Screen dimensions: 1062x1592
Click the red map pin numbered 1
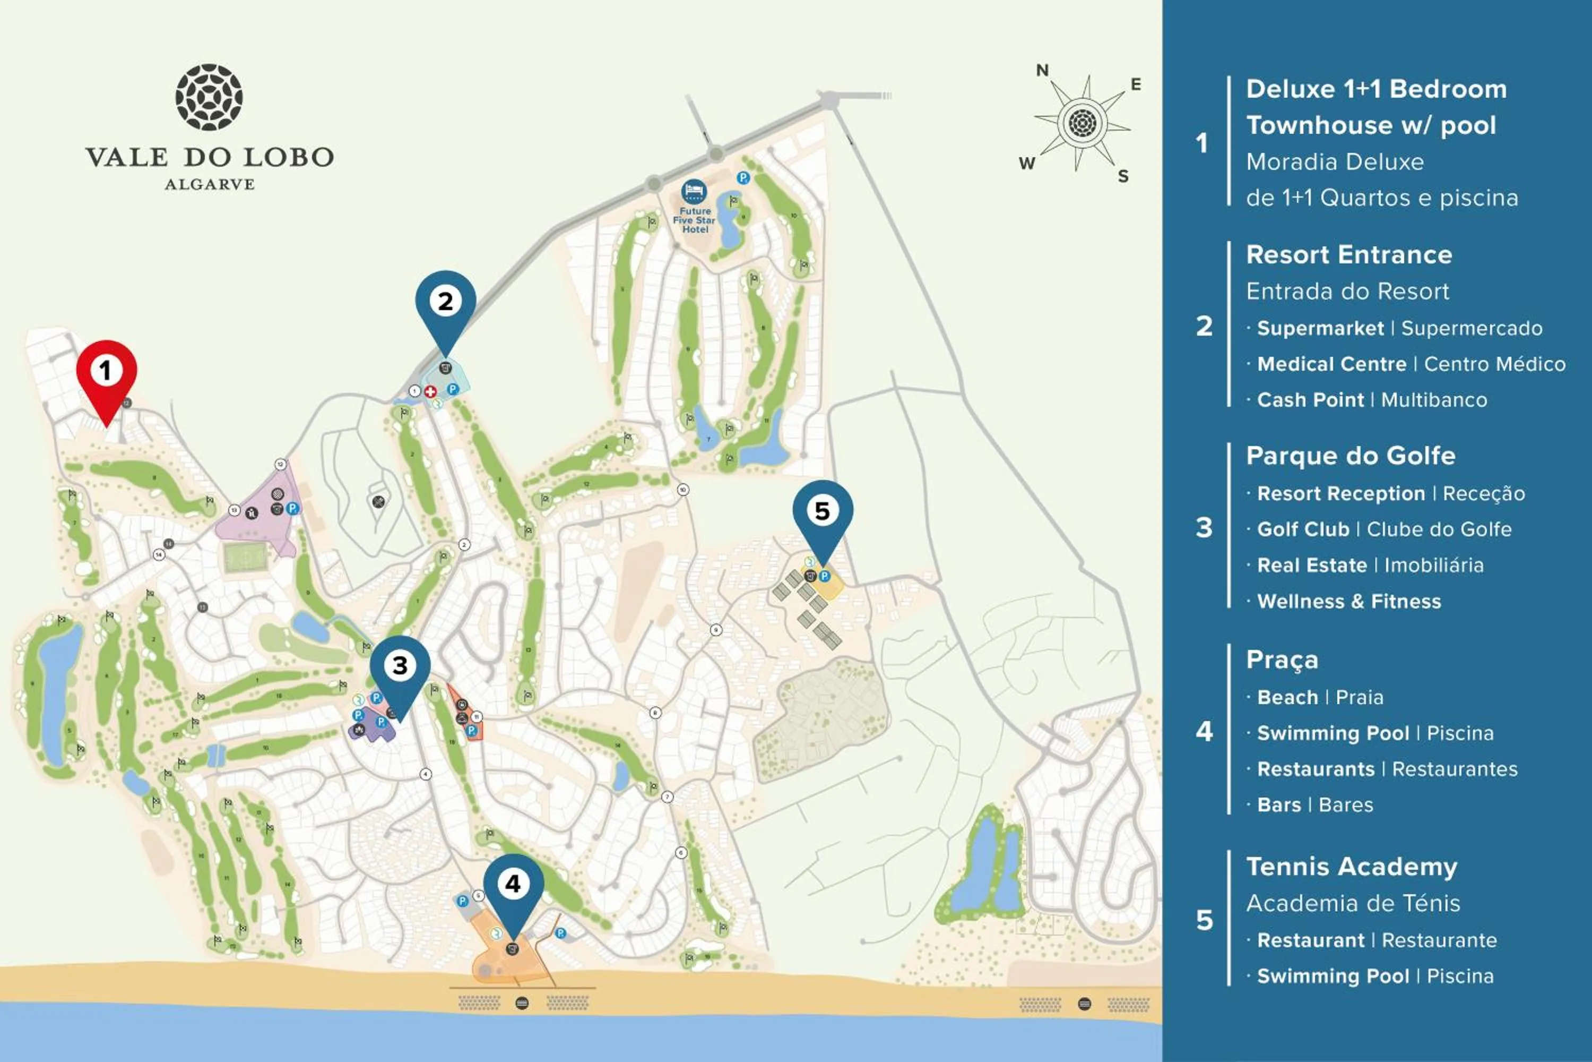106,373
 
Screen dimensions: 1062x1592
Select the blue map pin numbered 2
445,303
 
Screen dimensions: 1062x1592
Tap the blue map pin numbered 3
400,667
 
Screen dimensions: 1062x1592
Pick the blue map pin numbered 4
513,885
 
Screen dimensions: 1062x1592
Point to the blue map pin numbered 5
823,512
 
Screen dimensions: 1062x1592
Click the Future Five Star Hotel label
695,220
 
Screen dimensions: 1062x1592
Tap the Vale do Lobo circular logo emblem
209,98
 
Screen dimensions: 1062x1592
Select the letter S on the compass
1123,177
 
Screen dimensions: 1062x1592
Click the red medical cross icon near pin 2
430,391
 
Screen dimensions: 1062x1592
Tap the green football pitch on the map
245,559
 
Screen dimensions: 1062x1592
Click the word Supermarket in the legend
1320,329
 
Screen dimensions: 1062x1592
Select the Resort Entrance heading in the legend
1348,255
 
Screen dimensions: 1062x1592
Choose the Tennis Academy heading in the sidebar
1351,867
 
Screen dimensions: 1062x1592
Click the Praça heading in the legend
1282,661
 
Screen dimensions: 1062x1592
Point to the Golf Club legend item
1303,529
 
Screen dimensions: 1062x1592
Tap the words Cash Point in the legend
1310,400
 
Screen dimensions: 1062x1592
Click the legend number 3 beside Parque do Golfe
1204,528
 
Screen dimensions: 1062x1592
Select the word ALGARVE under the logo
210,184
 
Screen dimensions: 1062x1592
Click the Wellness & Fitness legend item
1348,602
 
